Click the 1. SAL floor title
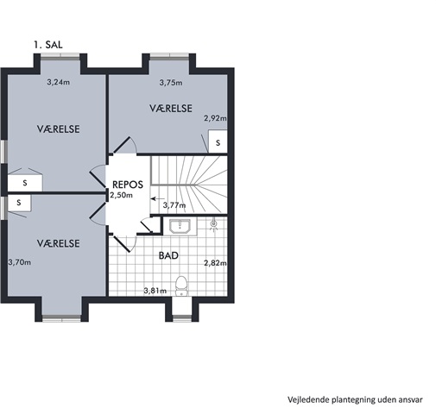point(48,45)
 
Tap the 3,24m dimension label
point(59,82)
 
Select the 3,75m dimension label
point(171,83)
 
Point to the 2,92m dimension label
point(215,118)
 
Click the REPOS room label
point(128,185)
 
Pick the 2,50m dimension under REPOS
point(121,195)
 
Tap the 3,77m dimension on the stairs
point(174,205)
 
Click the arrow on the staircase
point(158,198)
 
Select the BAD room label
point(168,255)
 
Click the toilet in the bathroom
point(181,285)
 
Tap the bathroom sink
point(180,227)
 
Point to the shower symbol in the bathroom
point(213,224)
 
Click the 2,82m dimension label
point(215,263)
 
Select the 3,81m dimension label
point(155,291)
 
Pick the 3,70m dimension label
point(20,262)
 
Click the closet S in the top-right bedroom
point(218,142)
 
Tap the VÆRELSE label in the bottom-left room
point(59,243)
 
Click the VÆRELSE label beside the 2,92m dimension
point(171,109)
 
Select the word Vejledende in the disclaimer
point(309,400)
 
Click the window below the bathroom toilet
point(182,318)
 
